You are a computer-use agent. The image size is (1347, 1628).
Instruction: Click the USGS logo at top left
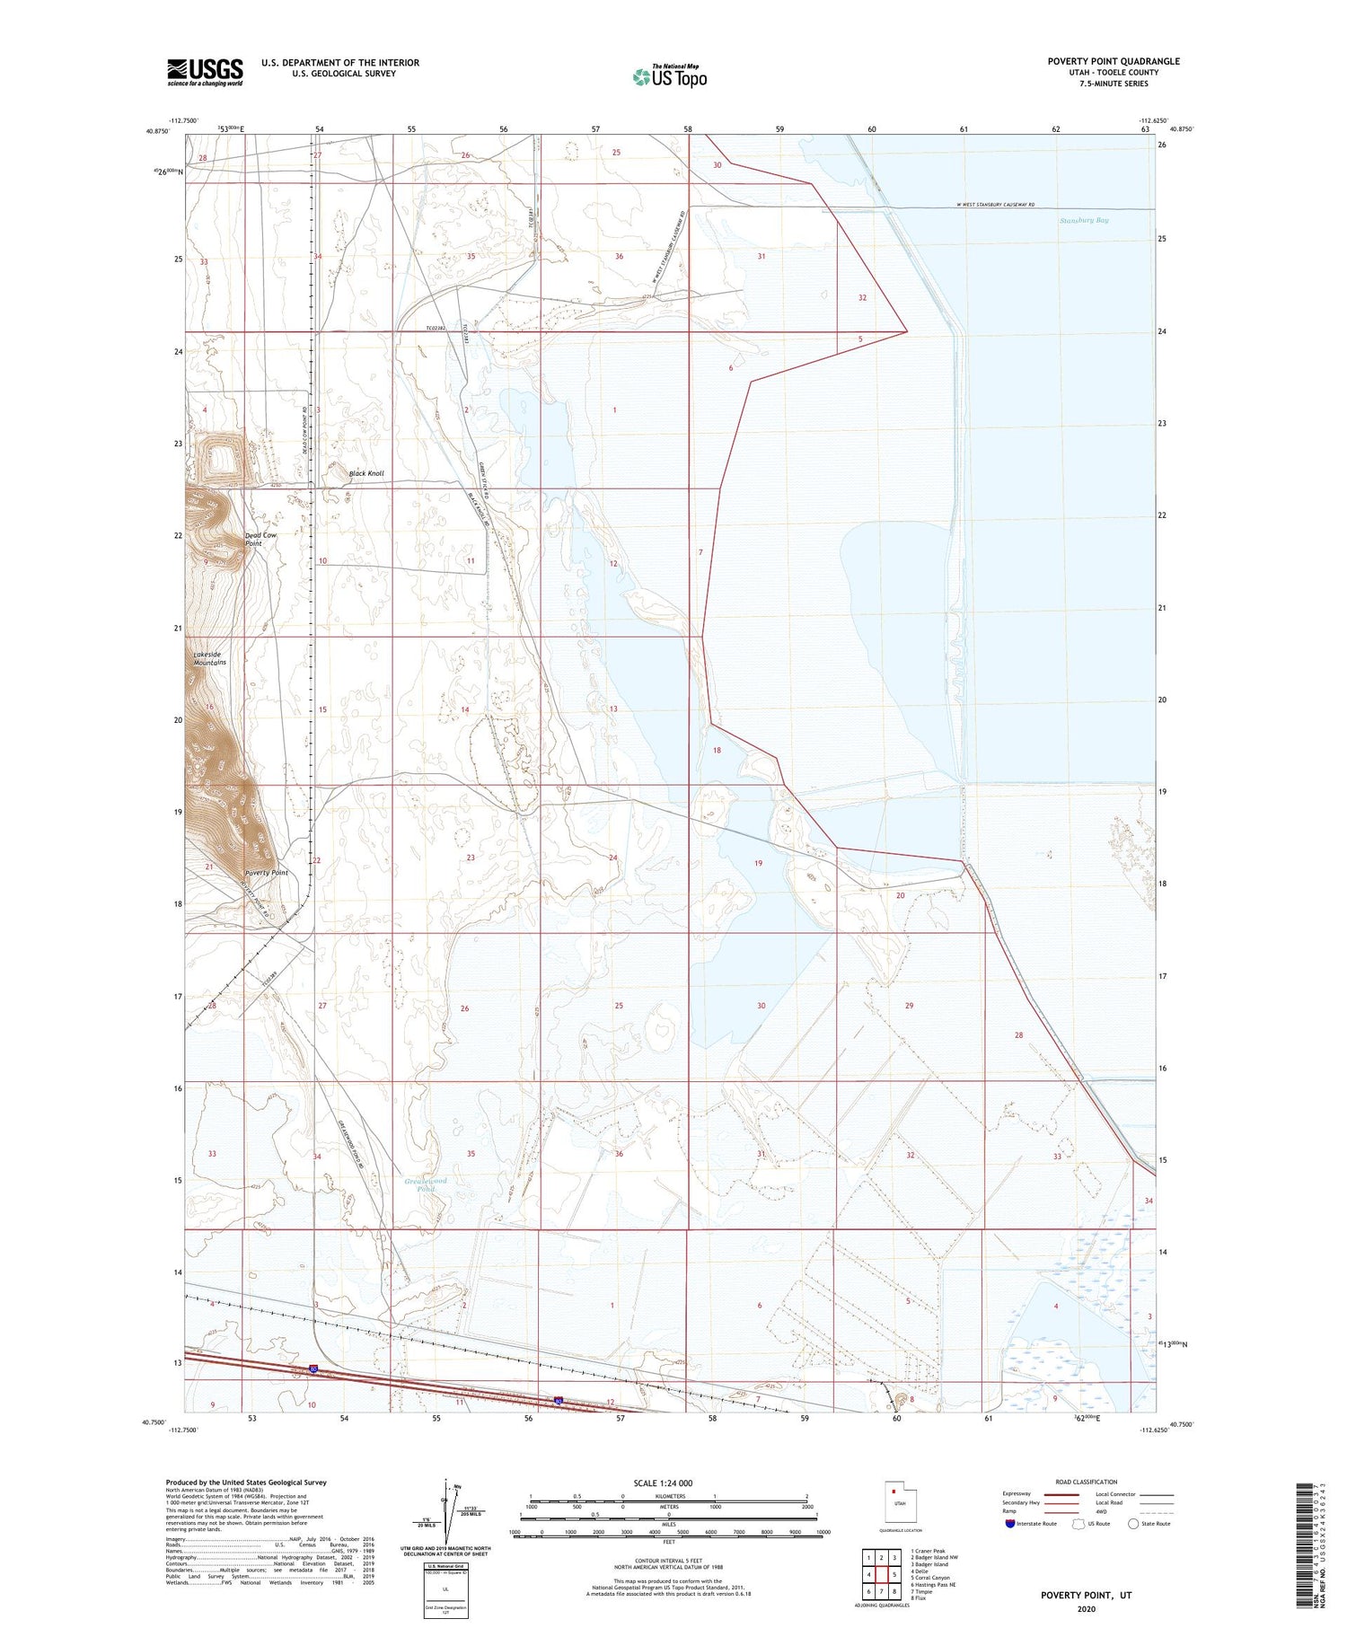[x=205, y=72]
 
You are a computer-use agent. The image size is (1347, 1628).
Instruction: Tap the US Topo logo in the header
[x=670, y=76]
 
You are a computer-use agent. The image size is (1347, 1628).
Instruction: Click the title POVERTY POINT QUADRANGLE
[x=1114, y=61]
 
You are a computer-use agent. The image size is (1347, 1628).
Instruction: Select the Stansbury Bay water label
[x=1084, y=220]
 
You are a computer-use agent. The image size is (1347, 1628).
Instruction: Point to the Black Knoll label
[x=366, y=473]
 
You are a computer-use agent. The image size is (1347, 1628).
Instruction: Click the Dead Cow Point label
[x=260, y=539]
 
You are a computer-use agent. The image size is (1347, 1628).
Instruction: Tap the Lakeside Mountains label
[x=209, y=658]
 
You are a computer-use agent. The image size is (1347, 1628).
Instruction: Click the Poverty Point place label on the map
[x=267, y=873]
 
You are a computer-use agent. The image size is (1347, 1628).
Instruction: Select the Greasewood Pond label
[x=426, y=1184]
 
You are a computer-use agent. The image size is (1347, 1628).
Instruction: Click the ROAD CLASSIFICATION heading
[x=1086, y=1482]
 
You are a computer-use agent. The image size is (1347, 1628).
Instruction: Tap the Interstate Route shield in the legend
[x=1009, y=1524]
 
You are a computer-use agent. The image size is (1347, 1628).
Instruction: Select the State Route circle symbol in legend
[x=1133, y=1524]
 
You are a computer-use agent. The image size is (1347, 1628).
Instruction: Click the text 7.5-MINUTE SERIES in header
[x=1114, y=84]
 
